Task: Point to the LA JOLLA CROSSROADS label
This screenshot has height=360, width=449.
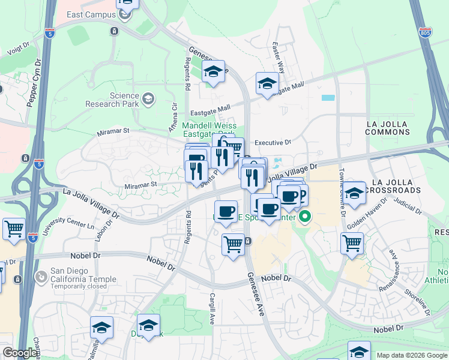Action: tap(397, 185)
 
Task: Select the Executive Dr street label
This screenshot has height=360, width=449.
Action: tap(273, 143)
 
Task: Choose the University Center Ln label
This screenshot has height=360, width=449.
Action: tap(77, 226)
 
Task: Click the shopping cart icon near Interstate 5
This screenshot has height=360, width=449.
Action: tap(14, 229)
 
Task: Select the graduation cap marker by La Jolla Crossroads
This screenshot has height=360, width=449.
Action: tap(355, 193)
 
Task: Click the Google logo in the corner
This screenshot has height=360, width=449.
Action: tap(20, 353)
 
